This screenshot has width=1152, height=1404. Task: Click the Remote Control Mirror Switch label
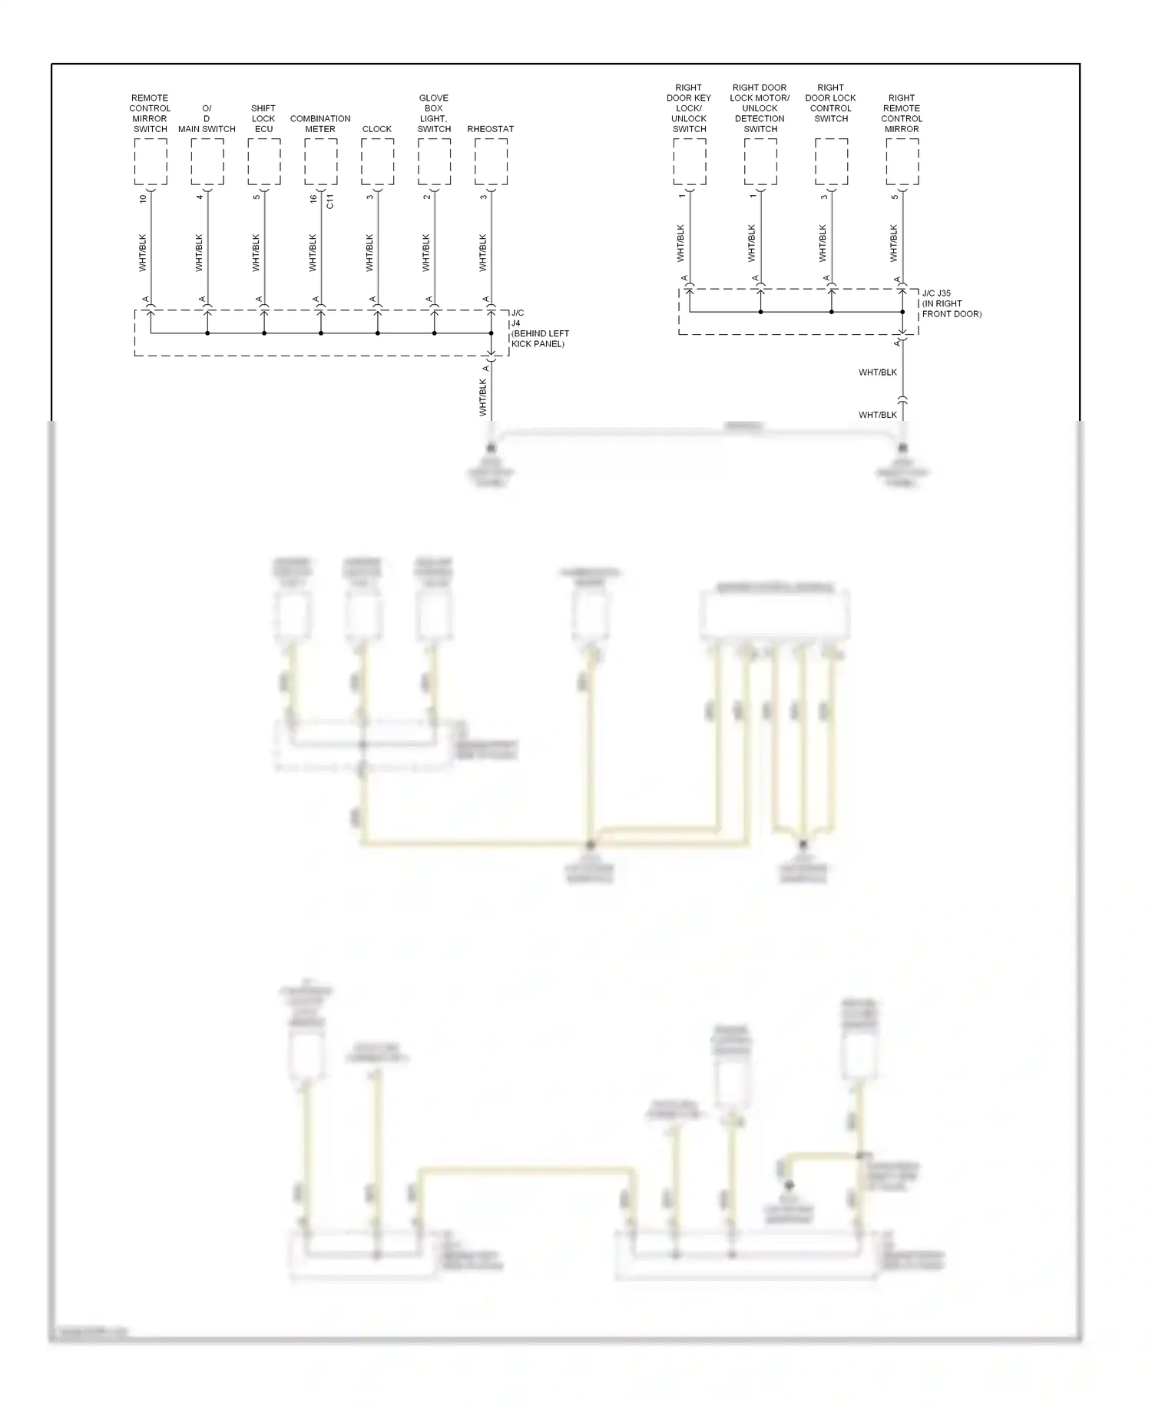click(x=150, y=114)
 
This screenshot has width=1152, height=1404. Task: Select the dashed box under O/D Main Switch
click(x=207, y=162)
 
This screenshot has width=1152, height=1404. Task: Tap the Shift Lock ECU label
click(x=263, y=119)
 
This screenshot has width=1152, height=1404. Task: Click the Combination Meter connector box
click(x=320, y=162)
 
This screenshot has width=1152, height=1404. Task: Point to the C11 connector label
click(x=330, y=201)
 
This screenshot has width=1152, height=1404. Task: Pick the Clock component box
click(x=377, y=162)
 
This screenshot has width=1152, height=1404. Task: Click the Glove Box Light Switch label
click(x=434, y=114)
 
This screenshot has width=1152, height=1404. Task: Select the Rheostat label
click(x=490, y=129)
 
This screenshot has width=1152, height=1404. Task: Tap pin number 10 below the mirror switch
click(x=143, y=198)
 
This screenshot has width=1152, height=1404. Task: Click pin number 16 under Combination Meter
click(x=313, y=198)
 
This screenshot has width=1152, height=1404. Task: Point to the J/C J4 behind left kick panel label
click(x=539, y=329)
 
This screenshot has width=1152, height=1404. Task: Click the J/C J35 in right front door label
click(x=951, y=303)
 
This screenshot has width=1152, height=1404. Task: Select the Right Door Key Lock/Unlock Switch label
click(x=689, y=108)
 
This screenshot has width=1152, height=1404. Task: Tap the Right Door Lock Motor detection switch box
click(x=760, y=162)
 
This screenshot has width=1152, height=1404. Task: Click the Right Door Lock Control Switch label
click(x=830, y=103)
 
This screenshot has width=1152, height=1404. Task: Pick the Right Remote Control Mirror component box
click(x=902, y=162)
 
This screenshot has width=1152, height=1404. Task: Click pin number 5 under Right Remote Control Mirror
click(x=895, y=197)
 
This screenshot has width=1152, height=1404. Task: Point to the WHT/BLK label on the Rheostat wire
click(x=483, y=253)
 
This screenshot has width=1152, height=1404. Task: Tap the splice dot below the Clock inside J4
click(x=377, y=333)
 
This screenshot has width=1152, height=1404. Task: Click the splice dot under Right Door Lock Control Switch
click(x=831, y=312)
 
